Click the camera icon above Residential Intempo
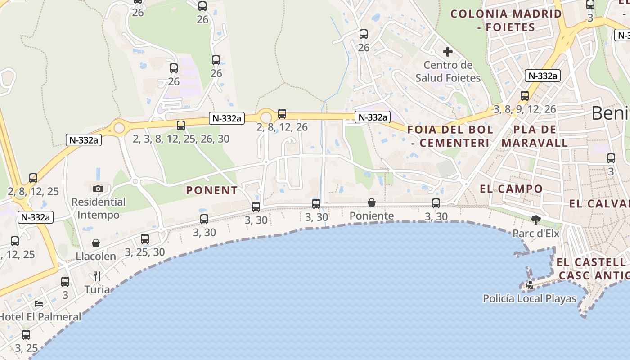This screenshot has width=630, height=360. (98, 189)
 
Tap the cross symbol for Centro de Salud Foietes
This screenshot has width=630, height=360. (448, 51)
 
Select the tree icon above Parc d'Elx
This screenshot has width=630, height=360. (535, 220)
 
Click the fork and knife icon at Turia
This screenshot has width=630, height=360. (97, 276)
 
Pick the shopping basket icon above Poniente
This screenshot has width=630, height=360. (372, 202)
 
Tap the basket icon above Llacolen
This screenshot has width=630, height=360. (96, 243)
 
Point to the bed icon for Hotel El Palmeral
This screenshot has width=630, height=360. (39, 303)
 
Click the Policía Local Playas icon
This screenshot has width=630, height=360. (530, 285)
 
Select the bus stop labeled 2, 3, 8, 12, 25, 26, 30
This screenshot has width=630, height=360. (181, 126)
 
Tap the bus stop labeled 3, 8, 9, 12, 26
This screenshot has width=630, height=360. (525, 96)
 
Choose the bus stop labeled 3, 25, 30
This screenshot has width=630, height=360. (145, 239)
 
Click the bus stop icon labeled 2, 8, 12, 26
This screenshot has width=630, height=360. (282, 114)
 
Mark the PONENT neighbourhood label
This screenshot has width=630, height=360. (212, 190)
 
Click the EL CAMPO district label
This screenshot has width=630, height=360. (511, 189)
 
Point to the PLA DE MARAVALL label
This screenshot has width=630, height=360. (535, 136)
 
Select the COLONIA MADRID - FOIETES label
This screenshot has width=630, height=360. (506, 20)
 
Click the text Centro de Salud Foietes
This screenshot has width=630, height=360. (448, 72)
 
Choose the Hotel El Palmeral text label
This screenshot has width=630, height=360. (40, 316)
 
